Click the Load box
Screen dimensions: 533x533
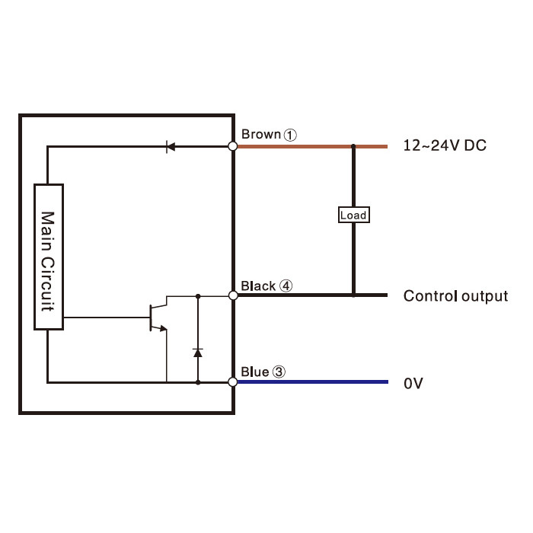pos(354,215)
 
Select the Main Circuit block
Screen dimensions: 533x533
pos(49,257)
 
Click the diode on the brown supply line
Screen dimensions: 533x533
pos(171,147)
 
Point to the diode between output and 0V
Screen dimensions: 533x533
pos(198,353)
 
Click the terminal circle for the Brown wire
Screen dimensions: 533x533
pos(233,146)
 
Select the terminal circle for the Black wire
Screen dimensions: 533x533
pos(233,295)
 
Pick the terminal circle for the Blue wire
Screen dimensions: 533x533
pos(233,382)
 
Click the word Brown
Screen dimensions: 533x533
pos(261,134)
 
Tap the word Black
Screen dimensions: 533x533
pos(258,286)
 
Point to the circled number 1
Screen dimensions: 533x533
pos(290,135)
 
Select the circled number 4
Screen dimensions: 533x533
pos(286,286)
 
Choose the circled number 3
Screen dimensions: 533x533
pos(279,372)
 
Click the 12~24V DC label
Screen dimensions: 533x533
pos(445,145)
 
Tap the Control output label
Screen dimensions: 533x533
pos(455,296)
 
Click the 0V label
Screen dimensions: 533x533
pos(413,384)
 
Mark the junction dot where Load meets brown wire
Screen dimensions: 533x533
pos(353,146)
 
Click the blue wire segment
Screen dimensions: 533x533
pos(313,382)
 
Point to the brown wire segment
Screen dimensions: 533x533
pos(312,146)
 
